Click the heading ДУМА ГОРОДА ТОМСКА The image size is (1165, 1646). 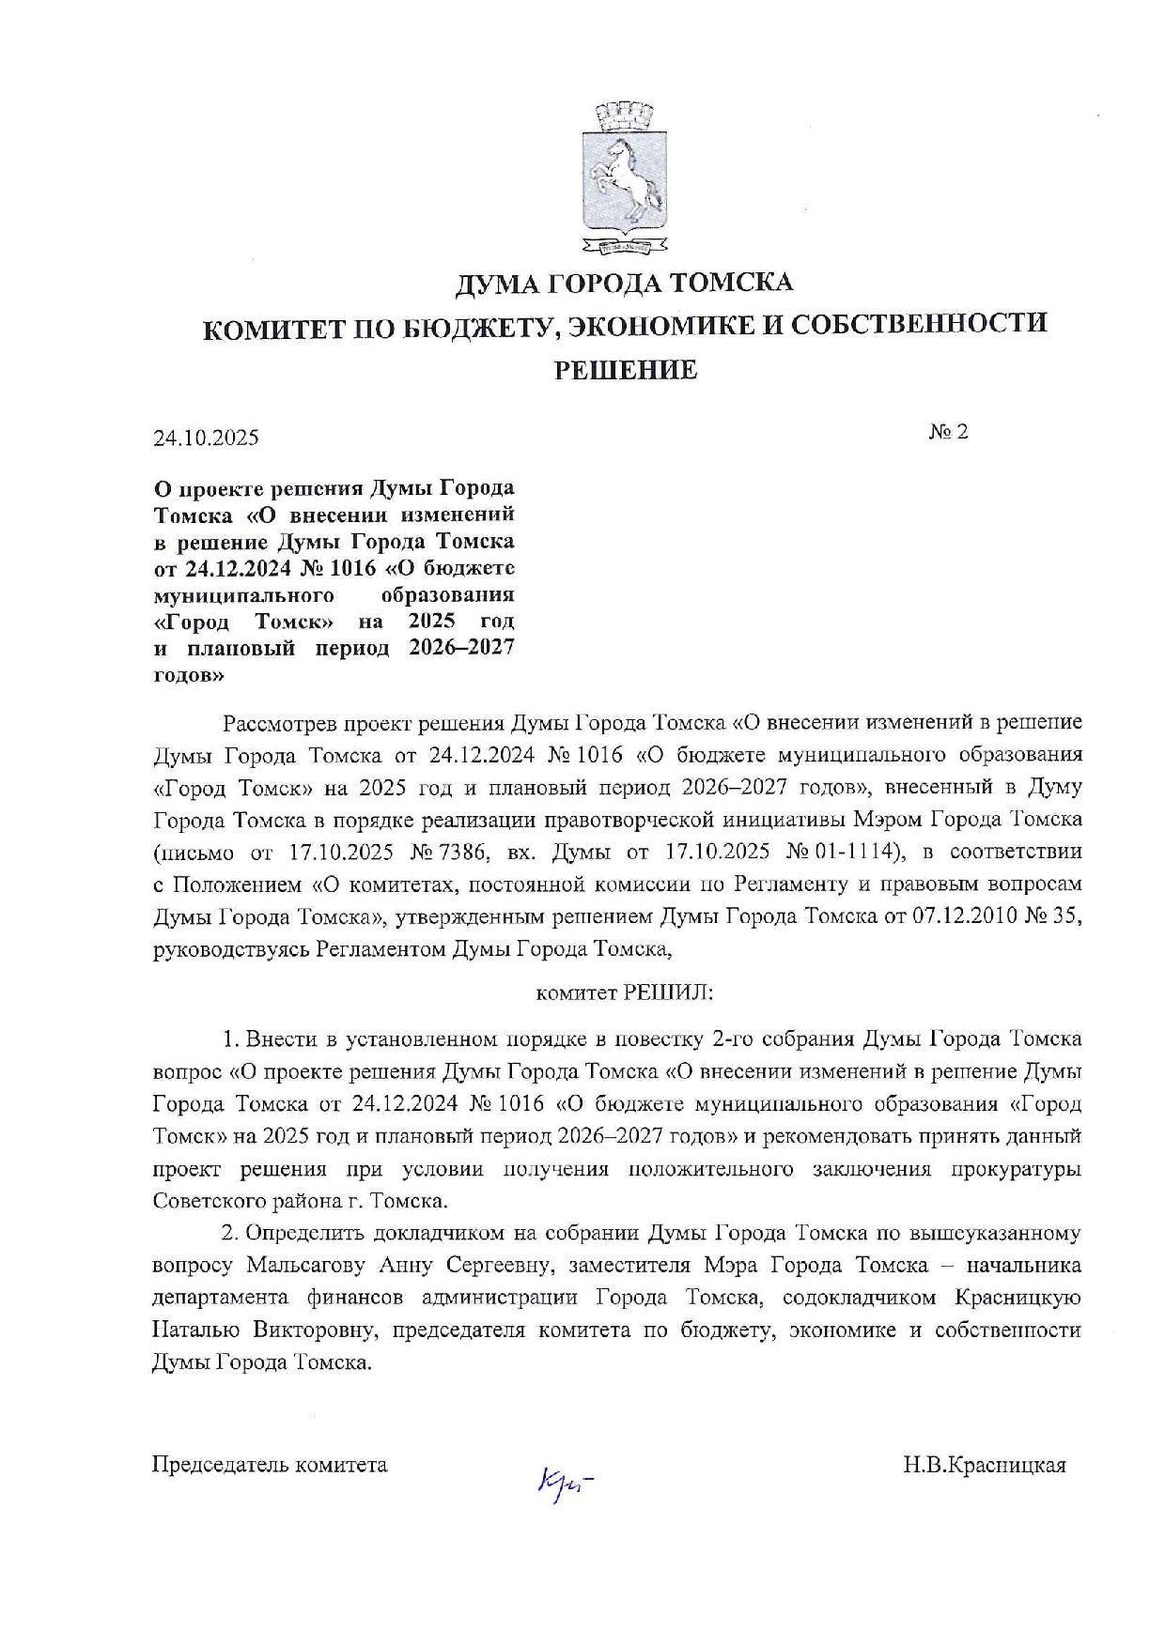pos(624,283)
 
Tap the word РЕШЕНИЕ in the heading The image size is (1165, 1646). pos(625,370)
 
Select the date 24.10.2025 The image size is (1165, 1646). pos(207,438)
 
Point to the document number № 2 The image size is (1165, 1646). pos(948,431)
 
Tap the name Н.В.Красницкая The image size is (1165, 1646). pos(984,1465)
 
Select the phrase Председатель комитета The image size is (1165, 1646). pos(270,1465)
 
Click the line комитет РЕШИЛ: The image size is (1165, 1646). pos(624,992)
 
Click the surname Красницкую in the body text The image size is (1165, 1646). pos(1017,1298)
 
